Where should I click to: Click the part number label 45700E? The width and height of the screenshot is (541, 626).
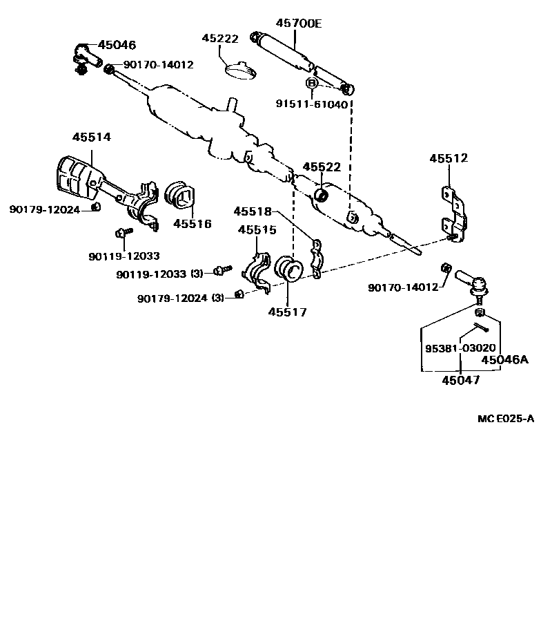pos(299,23)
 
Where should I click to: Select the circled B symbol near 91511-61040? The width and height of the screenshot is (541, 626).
pos(312,84)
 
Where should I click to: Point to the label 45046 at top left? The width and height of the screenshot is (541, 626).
pos(117,45)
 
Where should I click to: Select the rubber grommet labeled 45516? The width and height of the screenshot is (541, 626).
pos(181,197)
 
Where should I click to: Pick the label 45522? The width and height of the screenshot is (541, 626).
pos(322,168)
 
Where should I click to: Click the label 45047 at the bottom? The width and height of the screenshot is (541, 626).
pos(461,379)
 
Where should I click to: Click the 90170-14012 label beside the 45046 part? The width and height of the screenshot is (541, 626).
pos(159,65)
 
